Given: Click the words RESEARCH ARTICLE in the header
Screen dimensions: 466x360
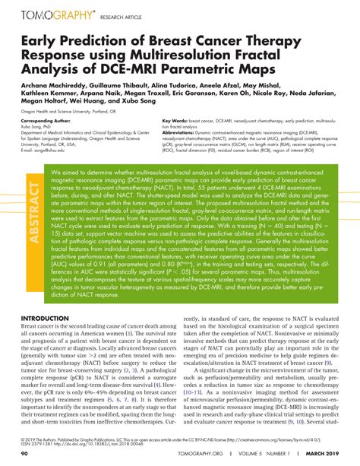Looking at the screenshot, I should click(122, 16).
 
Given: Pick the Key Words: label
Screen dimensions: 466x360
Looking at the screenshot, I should click(176, 121).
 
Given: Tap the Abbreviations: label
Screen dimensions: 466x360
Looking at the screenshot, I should click(183, 132).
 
